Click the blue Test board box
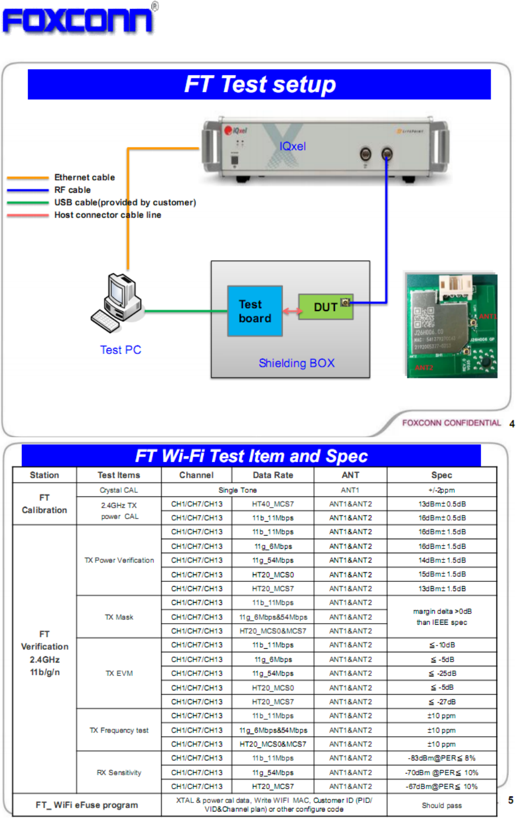[255, 311]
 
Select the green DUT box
[325, 307]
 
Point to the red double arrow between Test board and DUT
[291, 311]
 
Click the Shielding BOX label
[296, 363]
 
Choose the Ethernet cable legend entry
[84, 177]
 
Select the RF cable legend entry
[73, 190]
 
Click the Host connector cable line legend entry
[107, 215]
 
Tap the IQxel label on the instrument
[292, 146]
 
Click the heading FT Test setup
[260, 84]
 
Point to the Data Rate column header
[273, 475]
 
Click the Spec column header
[441, 475]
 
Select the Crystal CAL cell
[118, 490]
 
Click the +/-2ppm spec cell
[441, 490]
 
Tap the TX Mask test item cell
[118, 617]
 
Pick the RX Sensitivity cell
[118, 773]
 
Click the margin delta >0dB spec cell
[441, 617]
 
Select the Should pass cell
[441, 805]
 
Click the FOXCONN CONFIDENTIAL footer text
[451, 423]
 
